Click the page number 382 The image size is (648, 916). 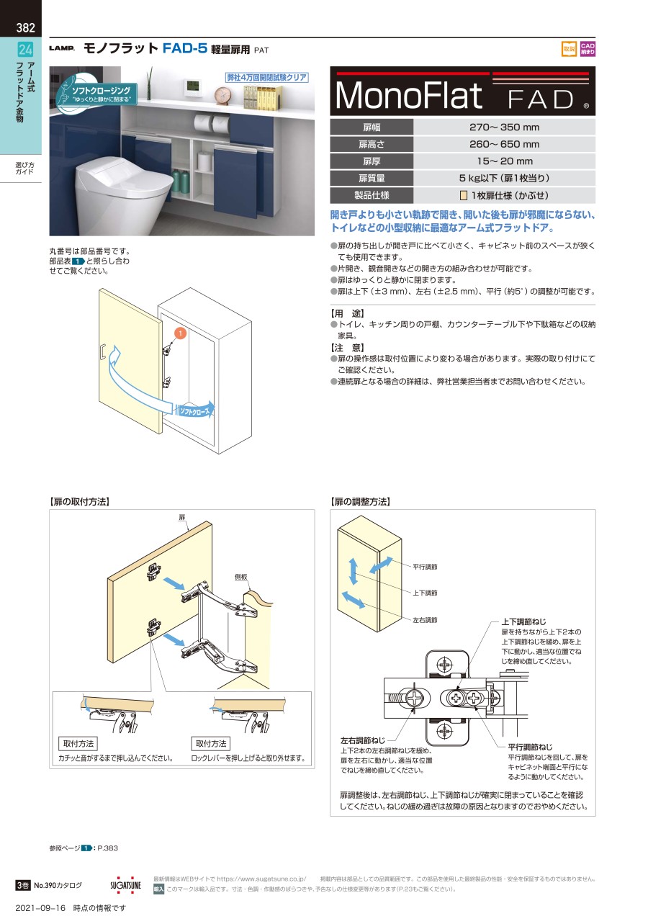25,29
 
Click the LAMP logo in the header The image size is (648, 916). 62,49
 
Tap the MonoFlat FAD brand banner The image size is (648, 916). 462,91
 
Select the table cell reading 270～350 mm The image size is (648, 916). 504,127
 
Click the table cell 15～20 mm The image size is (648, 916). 504,161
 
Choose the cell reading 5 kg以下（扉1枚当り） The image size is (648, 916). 504,178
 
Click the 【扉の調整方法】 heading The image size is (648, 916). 359,501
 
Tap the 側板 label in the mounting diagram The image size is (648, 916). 240,578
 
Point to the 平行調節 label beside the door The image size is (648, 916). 425,567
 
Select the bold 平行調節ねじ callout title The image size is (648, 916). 530,747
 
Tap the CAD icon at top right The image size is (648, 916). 588,49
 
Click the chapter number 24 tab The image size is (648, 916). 25,50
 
